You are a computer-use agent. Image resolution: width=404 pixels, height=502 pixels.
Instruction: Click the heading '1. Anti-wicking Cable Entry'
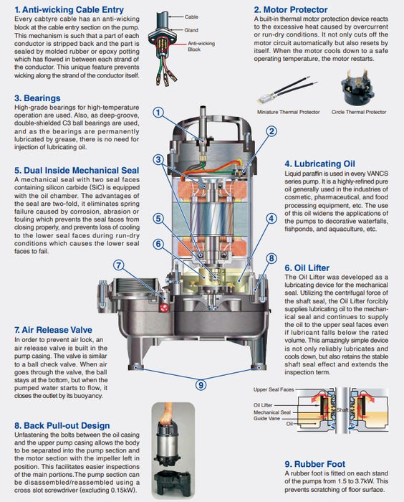point(69,10)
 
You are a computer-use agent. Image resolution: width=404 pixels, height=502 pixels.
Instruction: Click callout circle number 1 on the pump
point(159,112)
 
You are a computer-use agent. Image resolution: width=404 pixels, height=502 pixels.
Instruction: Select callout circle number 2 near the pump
point(271,131)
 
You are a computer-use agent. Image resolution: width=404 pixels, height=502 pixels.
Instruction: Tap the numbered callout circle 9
point(201,385)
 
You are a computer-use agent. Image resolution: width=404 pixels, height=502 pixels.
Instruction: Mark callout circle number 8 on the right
point(271,258)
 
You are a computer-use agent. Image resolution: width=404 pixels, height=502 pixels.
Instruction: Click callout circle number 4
point(271,218)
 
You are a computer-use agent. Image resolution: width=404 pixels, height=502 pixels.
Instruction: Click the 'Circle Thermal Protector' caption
point(360,112)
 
